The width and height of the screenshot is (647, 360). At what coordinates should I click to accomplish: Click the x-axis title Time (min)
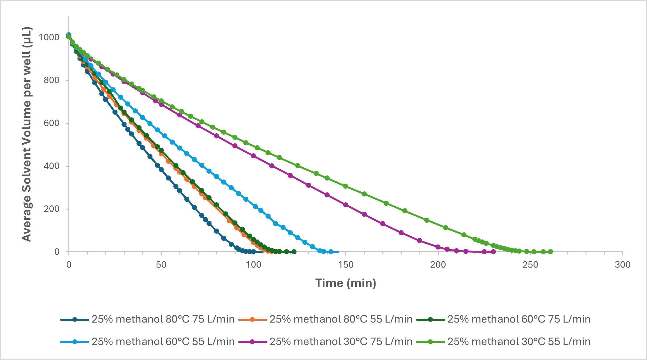[346, 283]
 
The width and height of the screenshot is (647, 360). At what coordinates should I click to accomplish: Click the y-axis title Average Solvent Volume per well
[27, 134]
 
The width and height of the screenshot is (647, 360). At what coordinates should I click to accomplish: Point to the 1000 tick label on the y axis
[49, 37]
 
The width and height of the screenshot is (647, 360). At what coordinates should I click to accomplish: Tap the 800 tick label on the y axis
[52, 80]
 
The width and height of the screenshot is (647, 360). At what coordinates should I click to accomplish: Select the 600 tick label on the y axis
[52, 123]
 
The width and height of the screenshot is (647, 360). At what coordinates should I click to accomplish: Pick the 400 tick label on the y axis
[52, 166]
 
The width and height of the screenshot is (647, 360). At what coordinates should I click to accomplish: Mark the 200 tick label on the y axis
[52, 209]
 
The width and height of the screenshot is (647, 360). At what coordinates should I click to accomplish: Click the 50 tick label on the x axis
[161, 265]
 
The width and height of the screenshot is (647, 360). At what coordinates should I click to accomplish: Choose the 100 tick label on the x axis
[253, 265]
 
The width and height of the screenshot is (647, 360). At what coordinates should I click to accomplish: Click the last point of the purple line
[493, 252]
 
